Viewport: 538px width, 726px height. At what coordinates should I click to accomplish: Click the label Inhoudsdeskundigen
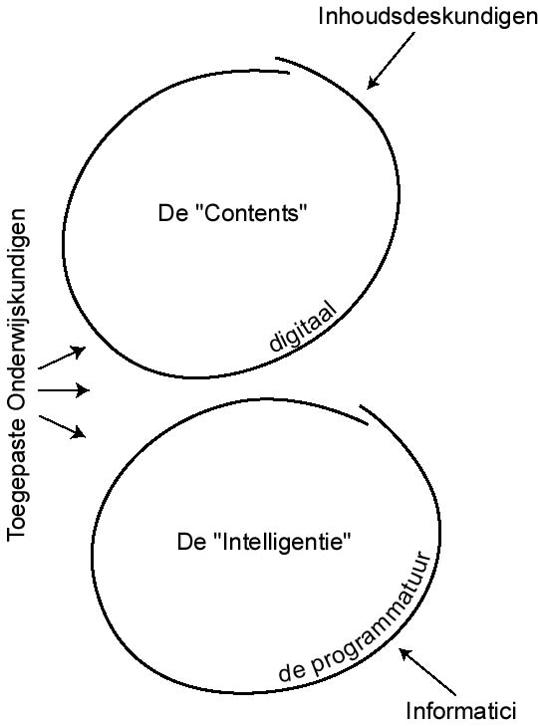coord(427,16)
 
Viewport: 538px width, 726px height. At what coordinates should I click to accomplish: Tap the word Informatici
coord(460,711)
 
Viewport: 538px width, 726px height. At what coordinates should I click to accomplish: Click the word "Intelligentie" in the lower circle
coord(281,541)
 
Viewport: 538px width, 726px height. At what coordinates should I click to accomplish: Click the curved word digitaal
coord(304,328)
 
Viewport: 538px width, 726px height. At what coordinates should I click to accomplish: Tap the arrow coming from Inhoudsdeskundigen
coord(391,61)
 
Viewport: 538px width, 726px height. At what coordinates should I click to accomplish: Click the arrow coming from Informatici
coord(427,671)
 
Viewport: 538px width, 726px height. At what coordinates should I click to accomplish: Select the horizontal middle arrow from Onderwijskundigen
coord(64,390)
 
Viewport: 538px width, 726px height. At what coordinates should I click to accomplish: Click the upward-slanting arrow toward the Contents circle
coord(62,358)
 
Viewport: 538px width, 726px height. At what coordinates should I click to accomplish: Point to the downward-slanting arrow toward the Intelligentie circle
coord(63,427)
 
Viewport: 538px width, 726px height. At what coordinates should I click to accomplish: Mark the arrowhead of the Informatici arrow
coord(405,653)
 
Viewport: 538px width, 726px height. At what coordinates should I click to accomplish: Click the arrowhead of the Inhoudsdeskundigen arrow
coord(372,83)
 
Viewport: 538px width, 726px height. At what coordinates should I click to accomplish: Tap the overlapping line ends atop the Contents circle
coord(283,66)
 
